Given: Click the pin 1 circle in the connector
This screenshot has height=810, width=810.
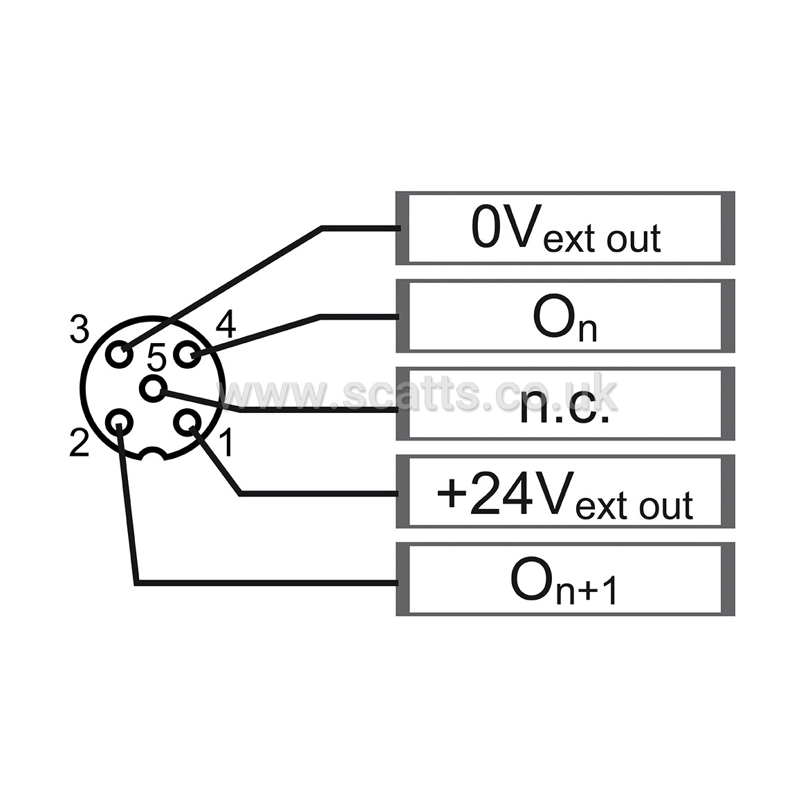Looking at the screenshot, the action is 187,423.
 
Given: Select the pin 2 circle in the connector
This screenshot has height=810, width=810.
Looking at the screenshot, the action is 120,423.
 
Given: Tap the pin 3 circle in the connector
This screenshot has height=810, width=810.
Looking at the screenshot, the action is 120,354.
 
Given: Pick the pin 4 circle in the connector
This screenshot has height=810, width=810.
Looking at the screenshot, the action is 187,354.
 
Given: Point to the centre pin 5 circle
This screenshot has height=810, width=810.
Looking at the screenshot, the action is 153,389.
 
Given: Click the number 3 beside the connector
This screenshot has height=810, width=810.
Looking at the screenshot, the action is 79,329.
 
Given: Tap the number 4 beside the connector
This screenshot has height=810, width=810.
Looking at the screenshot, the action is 225,324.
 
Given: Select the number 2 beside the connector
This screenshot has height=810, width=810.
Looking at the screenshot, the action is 80,443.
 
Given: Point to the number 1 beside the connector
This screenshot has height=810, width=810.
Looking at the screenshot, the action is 226,443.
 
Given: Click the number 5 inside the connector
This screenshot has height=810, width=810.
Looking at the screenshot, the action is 156,358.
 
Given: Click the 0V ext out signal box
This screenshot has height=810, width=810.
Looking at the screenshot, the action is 565,228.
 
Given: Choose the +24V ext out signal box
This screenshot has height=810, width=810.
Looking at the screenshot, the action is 565,491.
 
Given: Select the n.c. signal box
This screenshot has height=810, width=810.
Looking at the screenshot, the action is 565,403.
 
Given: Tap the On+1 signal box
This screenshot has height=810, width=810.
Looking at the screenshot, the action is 565,579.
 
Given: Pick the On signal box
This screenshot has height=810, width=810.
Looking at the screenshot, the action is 565,315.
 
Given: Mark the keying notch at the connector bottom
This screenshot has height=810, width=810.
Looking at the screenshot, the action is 153,454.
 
